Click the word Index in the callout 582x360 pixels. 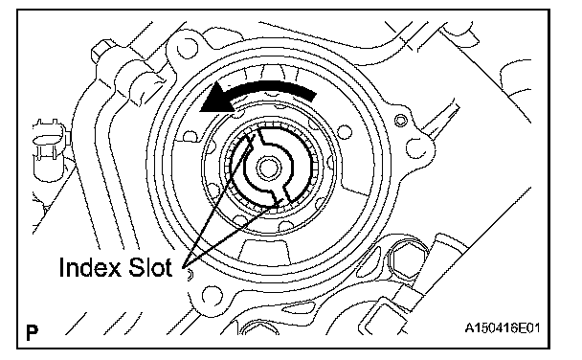click(x=90, y=267)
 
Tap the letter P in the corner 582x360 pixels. click(x=32, y=332)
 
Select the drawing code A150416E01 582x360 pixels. click(x=503, y=328)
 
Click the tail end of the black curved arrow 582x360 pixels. click(x=313, y=95)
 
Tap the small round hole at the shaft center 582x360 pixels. click(x=268, y=168)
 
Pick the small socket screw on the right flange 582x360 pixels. click(x=400, y=121)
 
